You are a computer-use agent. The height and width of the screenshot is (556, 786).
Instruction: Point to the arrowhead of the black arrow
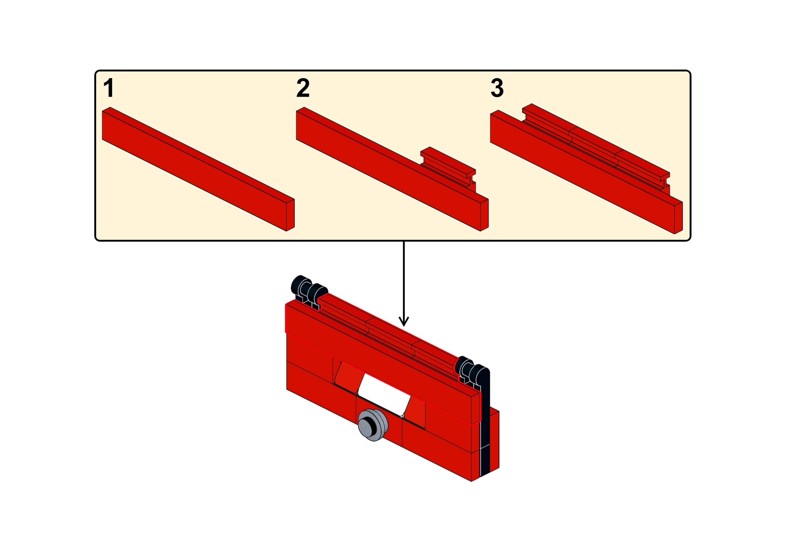point(404,322)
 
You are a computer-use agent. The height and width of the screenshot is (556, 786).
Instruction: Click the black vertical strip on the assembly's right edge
point(486,428)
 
